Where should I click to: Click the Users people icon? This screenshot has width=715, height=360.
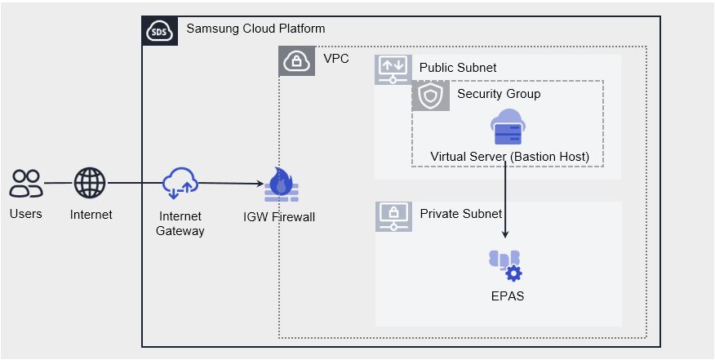pos(26,184)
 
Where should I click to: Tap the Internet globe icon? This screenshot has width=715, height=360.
pos(91,184)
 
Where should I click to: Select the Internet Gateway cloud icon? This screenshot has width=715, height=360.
pos(180,184)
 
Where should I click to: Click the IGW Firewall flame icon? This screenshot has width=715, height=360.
pos(282,186)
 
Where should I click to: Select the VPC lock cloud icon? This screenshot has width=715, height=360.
pos(296,60)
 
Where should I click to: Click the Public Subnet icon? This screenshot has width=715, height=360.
pos(393,68)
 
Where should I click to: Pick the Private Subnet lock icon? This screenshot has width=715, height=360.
pos(393,216)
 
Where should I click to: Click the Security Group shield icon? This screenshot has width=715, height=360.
pos(430,96)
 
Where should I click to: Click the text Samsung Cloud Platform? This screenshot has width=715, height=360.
pos(255,29)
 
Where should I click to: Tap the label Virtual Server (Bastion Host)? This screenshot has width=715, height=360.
pos(509,157)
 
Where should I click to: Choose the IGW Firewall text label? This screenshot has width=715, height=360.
pos(279,217)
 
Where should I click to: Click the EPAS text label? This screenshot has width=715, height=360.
pos(506,296)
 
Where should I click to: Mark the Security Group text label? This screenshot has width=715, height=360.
pos(499,95)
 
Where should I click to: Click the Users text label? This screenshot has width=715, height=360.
pos(26,215)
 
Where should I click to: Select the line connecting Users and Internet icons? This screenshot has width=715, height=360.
pos(58,184)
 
